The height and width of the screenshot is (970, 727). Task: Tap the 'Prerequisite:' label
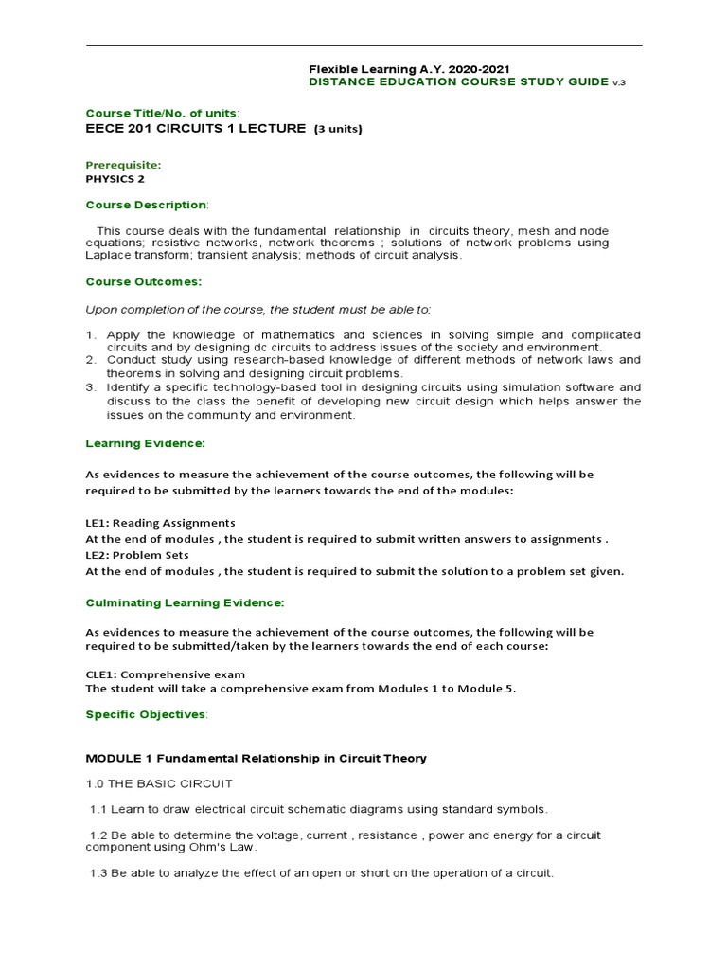coord(124,164)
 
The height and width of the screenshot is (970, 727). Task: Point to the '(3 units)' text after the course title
coord(338,129)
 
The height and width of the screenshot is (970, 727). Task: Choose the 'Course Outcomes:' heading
coord(143,281)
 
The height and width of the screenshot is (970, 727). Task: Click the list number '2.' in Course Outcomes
coord(92,360)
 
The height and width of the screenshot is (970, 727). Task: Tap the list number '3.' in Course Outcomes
coord(92,387)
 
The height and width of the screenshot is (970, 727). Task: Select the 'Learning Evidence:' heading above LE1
coord(145,443)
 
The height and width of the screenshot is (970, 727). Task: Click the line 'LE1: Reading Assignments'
coord(160,523)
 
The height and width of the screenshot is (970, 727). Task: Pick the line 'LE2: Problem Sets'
coord(137,555)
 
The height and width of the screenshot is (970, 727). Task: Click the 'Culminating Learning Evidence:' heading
coord(185,602)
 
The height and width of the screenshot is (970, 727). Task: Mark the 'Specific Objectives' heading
coord(145,714)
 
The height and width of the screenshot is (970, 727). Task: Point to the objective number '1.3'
coord(98,872)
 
